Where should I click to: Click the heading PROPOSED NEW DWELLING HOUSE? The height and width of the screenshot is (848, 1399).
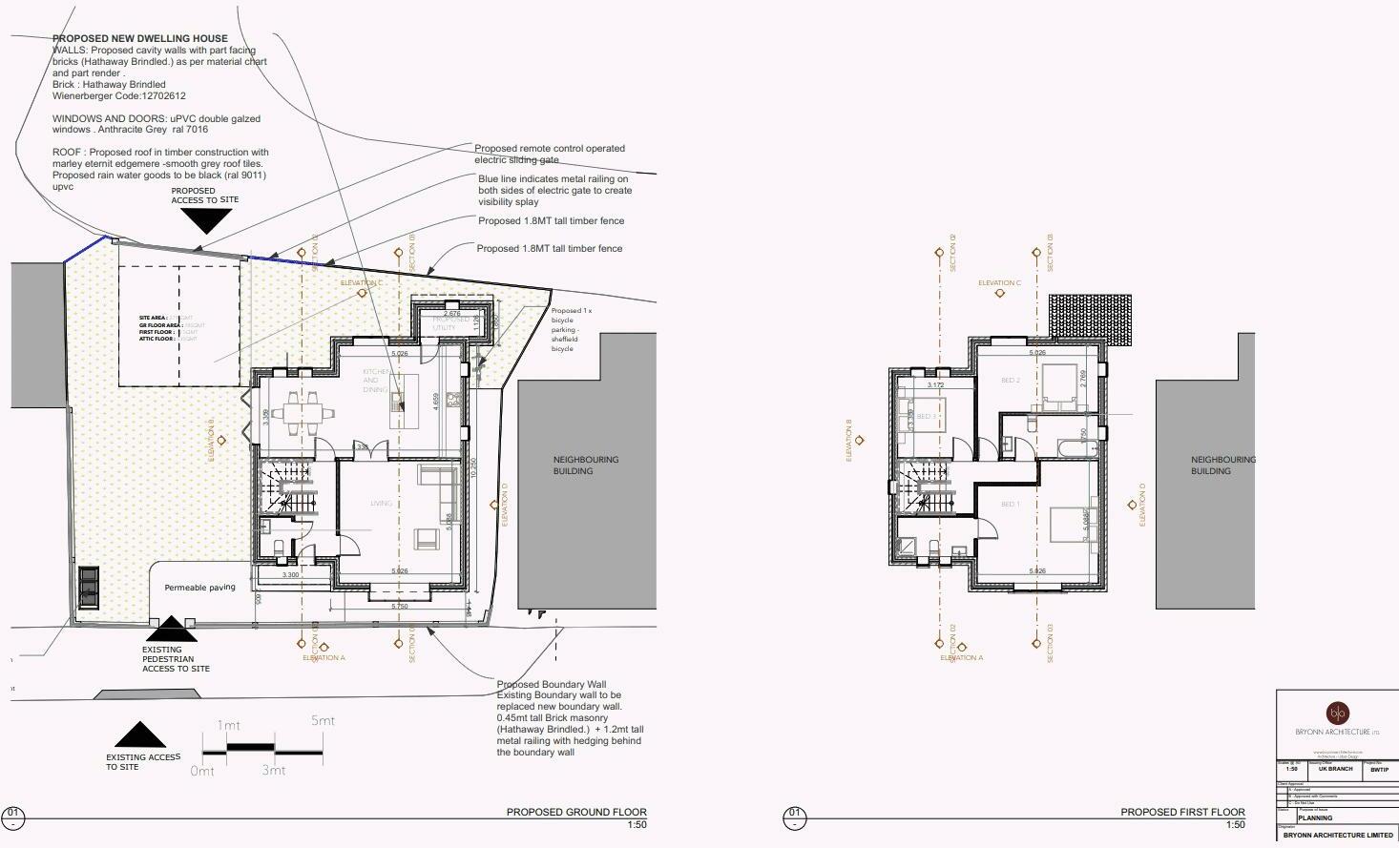click(139, 39)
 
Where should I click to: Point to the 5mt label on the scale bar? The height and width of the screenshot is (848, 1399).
click(323, 721)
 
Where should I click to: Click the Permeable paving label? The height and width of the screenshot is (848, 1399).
click(199, 588)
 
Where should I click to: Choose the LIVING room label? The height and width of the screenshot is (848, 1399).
click(381, 504)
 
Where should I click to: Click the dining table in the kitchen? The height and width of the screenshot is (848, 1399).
click(297, 412)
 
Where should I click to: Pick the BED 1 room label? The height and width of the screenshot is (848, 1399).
click(1010, 505)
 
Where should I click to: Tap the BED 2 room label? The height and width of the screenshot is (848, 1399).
click(1010, 381)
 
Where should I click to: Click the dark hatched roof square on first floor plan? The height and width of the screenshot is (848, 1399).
click(1090, 317)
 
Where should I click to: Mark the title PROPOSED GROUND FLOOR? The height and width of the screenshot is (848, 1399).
click(575, 813)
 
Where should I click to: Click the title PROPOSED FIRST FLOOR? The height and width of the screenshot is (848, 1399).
click(1182, 813)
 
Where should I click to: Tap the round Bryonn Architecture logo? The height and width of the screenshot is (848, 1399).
click(1337, 713)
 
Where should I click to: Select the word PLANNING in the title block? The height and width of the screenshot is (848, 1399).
click(1315, 818)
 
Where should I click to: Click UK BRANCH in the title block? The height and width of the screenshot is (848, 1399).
click(1335, 769)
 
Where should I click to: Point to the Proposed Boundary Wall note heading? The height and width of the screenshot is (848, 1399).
click(551, 685)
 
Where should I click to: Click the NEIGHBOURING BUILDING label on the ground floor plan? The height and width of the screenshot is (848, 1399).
click(585, 465)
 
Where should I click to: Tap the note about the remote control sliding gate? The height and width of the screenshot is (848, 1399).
click(550, 154)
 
